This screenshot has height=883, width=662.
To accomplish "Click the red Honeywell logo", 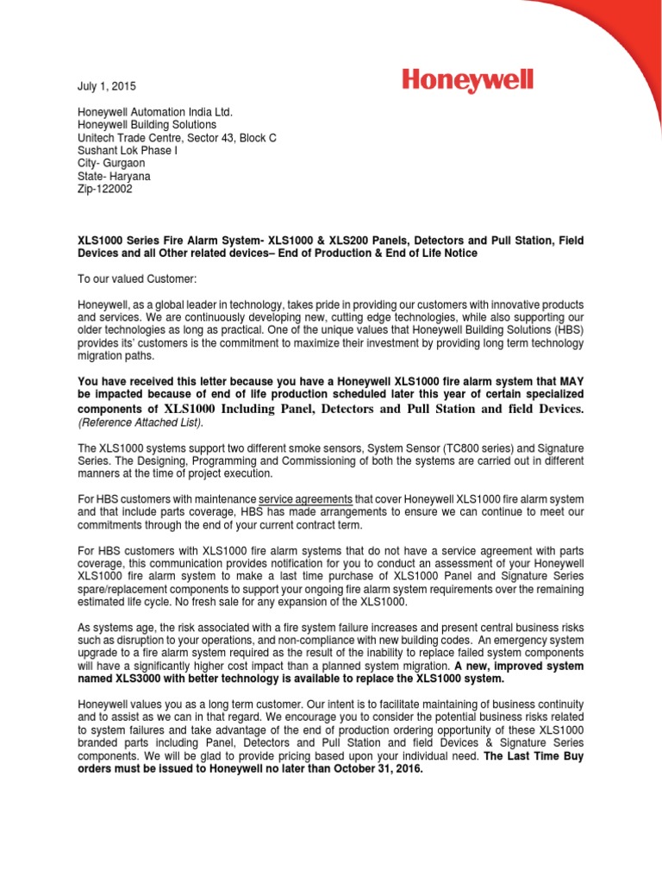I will [467, 83].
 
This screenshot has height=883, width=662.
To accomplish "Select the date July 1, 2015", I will [101, 87].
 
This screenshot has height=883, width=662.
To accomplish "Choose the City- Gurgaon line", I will [103, 163].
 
